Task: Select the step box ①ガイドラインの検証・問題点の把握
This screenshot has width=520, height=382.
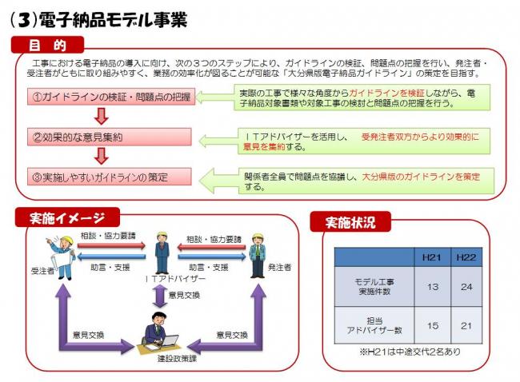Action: pos(111,97)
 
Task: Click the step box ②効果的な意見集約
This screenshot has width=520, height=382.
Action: pos(111,137)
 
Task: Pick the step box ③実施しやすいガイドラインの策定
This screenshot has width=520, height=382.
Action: pos(111,176)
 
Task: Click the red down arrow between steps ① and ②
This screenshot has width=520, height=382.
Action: pos(101,117)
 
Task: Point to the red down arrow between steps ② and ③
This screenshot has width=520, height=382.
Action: pos(101,156)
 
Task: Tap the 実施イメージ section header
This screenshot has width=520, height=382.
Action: pos(67,217)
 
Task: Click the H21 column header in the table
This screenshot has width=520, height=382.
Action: pos(431,257)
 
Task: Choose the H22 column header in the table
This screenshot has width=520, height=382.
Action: pos(466,257)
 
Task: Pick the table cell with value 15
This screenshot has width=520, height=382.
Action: pos(431,325)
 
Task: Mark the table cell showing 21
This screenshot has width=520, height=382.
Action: pos(466,325)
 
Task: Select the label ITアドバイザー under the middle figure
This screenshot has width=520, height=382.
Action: pos(164,280)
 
